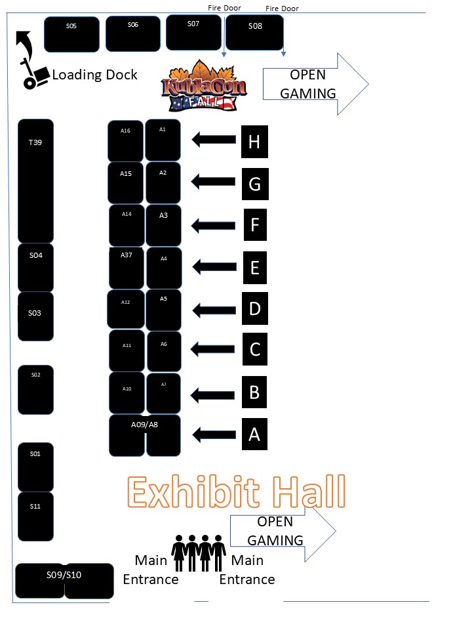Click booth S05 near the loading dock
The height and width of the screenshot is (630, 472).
[71, 34]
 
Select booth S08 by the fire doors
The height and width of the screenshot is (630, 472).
[254, 33]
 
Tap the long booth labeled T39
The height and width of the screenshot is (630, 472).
[35, 180]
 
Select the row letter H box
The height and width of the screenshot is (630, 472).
[254, 141]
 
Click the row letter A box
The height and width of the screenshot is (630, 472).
[254, 434]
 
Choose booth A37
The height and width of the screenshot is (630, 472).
[127, 268]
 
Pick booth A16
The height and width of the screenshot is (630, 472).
[125, 140]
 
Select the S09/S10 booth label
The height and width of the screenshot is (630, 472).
[64, 575]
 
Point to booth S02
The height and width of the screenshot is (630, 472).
[36, 390]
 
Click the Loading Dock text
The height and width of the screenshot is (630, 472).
[95, 75]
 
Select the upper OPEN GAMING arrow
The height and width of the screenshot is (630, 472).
[315, 84]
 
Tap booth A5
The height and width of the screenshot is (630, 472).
[163, 310]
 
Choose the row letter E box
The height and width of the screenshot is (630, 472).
[254, 268]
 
